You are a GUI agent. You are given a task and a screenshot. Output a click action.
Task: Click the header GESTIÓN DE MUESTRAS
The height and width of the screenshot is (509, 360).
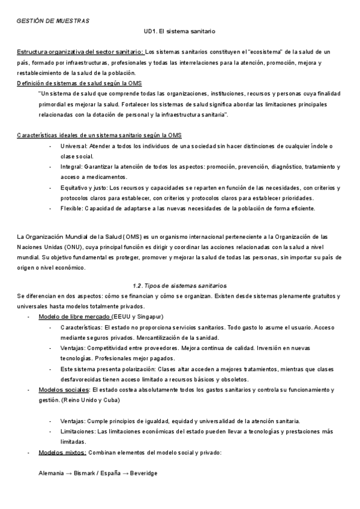(x=53, y=21)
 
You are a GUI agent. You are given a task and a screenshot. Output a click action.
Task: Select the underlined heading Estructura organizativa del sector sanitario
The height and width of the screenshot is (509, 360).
(x=80, y=52)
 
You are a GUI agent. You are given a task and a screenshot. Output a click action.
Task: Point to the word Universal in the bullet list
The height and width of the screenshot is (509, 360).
(x=74, y=146)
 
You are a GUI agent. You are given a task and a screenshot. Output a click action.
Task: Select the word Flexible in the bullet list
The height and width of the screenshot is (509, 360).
(x=72, y=208)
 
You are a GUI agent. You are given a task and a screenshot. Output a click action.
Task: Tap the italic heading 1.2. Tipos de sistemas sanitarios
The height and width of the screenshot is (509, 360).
(x=179, y=285)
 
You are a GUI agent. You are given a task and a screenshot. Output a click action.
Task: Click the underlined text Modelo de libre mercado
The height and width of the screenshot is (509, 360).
(x=74, y=316)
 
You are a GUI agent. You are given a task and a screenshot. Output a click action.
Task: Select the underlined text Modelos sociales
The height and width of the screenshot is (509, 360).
(x=62, y=390)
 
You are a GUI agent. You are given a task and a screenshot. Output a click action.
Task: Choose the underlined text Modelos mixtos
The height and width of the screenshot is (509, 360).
(x=62, y=452)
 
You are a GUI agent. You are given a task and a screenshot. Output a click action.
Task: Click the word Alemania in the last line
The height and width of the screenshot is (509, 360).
(x=50, y=473)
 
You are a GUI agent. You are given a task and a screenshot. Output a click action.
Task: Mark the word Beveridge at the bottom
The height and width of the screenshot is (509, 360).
(x=142, y=473)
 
